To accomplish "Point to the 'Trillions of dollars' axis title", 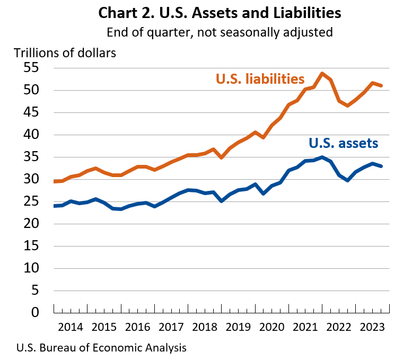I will pos(65,52).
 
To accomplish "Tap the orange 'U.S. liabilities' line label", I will pos(260,79).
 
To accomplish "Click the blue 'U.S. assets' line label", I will pos(343,143).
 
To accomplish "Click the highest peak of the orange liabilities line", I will pos(322,74).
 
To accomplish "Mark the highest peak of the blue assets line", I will pos(322,157).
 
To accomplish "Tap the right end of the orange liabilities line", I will pos(381,85).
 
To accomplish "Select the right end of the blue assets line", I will pos(381,166).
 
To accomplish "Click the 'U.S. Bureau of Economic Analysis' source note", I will pos(101,348).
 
